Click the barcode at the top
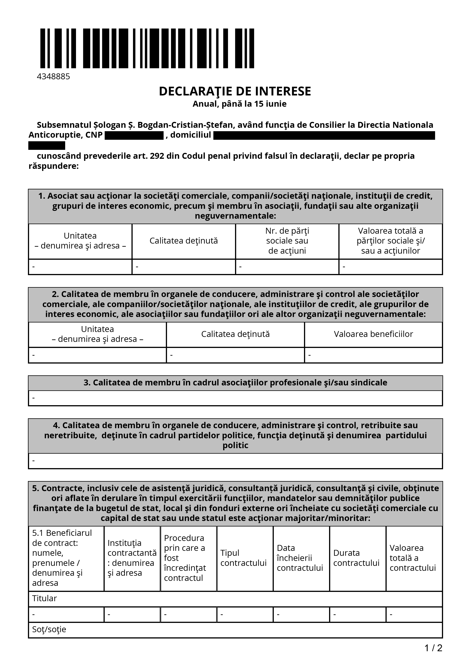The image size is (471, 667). click(147, 48)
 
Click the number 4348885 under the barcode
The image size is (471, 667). click(53, 76)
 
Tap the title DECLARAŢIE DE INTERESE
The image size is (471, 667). click(235, 91)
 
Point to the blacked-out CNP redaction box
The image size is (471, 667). click(134, 135)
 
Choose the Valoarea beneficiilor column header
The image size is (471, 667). click(373, 334)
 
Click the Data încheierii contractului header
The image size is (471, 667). click(300, 558)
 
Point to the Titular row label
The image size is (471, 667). click(44, 598)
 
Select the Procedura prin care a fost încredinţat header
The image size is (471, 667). click(185, 558)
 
